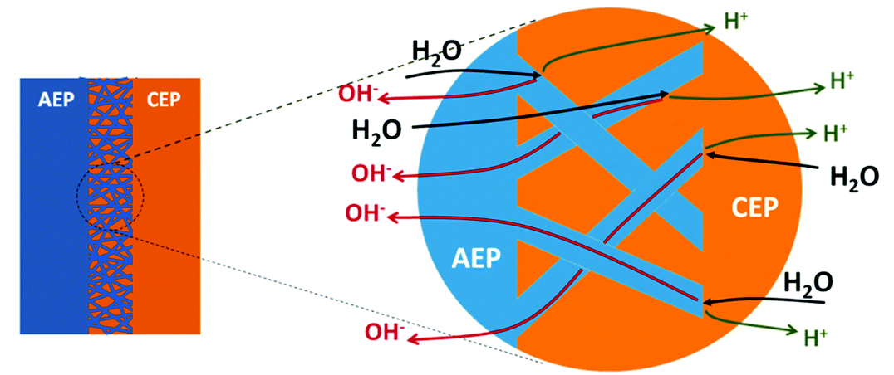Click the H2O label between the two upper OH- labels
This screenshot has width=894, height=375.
tap(378, 131)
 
